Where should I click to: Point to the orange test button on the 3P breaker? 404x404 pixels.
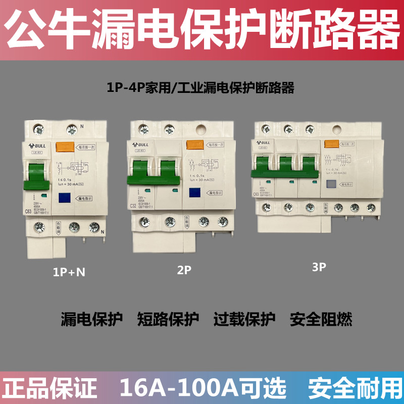[x=331, y=144]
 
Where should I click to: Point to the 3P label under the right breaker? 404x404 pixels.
[x=319, y=268]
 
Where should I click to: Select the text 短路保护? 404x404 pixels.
[x=168, y=319]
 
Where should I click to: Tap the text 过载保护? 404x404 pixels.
[x=244, y=319]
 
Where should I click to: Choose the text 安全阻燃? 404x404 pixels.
[x=321, y=319]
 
